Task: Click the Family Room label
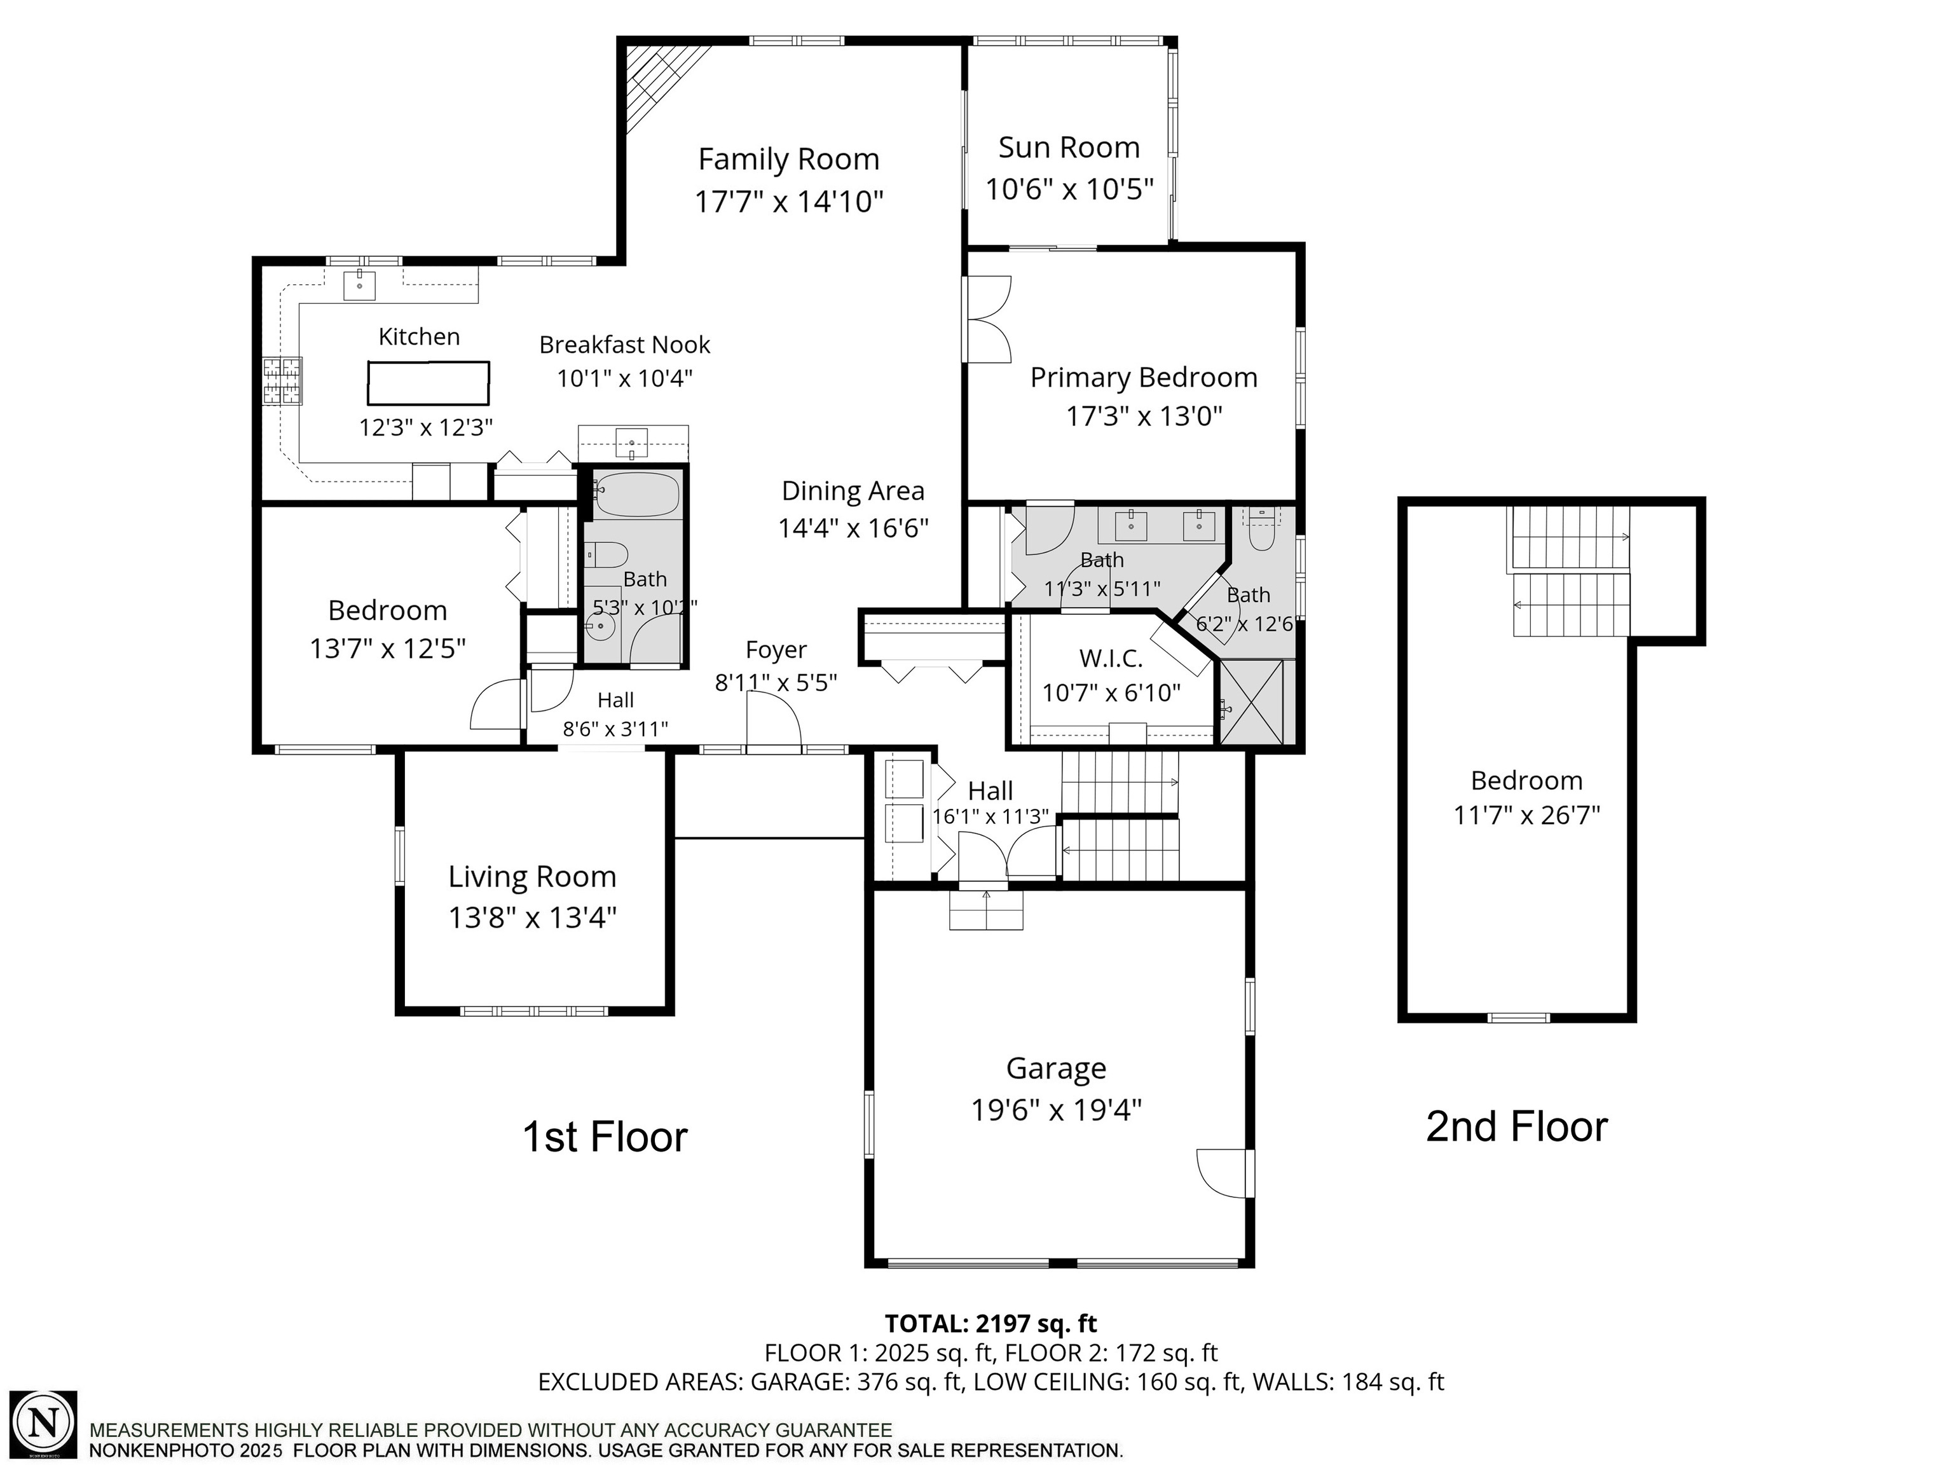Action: tap(788, 160)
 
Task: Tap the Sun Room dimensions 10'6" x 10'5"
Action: tap(1069, 189)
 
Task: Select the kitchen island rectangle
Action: tap(428, 383)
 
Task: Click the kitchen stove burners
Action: tap(282, 381)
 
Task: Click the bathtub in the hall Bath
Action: tap(636, 495)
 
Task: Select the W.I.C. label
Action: tap(1111, 658)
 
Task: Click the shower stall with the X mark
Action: tap(1256, 701)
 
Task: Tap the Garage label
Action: tap(1056, 1068)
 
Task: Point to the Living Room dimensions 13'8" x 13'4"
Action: tap(531, 918)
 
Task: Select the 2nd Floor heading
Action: tap(1516, 1127)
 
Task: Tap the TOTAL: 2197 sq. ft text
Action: tap(990, 1324)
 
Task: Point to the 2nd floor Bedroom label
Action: tap(1526, 781)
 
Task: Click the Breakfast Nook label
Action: tap(624, 345)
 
